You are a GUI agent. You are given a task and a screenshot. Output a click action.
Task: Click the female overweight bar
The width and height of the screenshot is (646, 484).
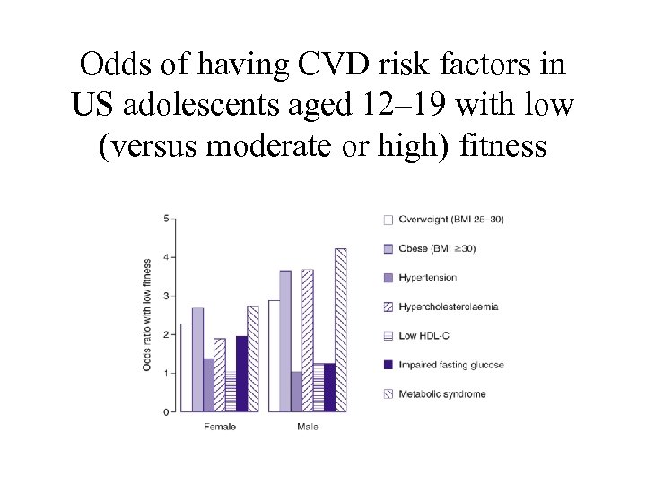point(187,367)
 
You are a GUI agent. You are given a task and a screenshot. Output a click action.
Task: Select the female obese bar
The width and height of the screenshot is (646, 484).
point(197,359)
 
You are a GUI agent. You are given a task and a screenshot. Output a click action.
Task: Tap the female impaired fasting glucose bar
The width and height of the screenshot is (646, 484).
point(241,374)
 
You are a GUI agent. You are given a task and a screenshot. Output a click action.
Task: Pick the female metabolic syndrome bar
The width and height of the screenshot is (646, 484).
point(253,359)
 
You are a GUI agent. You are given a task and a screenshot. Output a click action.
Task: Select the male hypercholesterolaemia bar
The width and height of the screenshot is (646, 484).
point(308,341)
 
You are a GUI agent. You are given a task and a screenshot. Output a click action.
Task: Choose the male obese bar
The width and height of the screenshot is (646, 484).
point(285,341)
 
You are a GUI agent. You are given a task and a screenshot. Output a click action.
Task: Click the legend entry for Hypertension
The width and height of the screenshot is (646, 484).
point(428,278)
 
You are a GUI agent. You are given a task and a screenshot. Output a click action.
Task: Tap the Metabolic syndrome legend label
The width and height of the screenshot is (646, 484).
point(442,394)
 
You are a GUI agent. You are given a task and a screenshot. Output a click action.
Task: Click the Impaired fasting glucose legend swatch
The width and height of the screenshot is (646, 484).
point(388,365)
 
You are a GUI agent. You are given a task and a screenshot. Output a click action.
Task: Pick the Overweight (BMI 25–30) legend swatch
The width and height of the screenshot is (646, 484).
point(388,220)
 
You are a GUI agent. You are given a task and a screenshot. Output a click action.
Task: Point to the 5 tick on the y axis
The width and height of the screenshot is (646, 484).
point(166,219)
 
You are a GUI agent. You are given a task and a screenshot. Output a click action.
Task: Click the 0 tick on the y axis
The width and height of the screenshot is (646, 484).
point(166,412)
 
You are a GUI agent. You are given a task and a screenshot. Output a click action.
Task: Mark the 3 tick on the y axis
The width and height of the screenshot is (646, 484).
point(166,296)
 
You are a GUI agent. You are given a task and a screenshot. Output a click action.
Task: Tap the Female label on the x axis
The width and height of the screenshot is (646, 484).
point(220,427)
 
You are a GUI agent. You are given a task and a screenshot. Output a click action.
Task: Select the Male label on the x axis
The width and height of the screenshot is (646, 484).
point(308,427)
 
